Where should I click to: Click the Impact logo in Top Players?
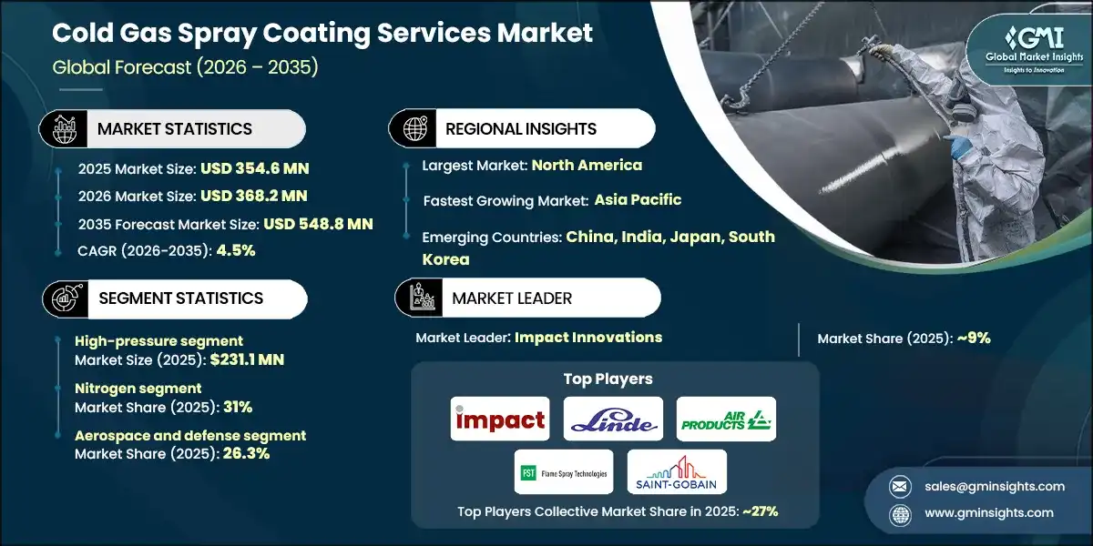(x=500, y=420)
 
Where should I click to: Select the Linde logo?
(x=613, y=420)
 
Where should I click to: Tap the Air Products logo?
(x=726, y=420)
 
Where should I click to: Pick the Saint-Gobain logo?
(x=678, y=472)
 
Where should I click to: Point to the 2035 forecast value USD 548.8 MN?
(x=317, y=224)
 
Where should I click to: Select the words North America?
(x=587, y=166)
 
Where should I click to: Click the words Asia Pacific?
(x=638, y=200)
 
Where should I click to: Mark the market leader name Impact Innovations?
(x=588, y=338)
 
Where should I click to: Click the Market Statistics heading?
(x=174, y=129)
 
